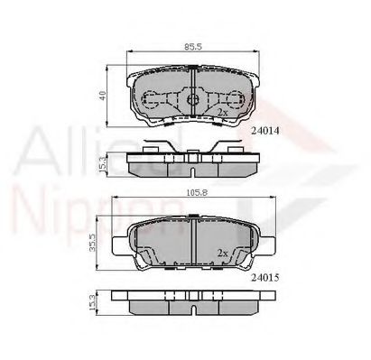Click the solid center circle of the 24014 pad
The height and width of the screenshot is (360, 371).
(191, 99)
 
